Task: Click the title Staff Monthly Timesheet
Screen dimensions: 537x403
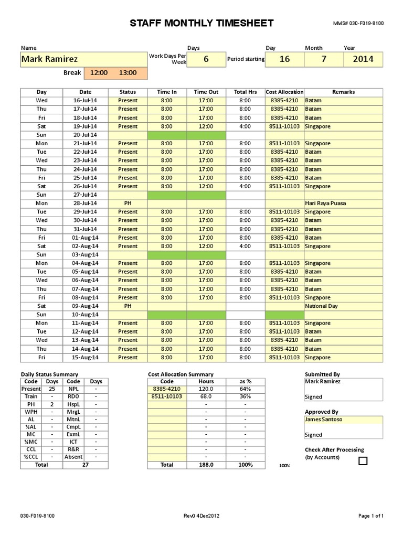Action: (201, 23)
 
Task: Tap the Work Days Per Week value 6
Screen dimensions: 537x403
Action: (206, 59)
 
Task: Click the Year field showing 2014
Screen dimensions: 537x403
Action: (363, 59)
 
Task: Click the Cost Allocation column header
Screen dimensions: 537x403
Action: (284, 92)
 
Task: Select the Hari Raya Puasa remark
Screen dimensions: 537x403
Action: (325, 203)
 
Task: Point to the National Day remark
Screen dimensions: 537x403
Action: (322, 306)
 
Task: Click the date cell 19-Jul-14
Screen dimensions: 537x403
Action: (85, 126)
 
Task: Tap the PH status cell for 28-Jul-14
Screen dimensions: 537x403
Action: (128, 203)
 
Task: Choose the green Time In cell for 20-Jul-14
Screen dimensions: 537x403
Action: (166, 135)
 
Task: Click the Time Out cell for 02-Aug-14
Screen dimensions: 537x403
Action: (206, 246)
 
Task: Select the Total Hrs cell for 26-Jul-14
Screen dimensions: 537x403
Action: (245, 186)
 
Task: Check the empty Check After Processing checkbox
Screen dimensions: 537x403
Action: (363, 461)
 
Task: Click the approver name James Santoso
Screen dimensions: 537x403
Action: (323, 420)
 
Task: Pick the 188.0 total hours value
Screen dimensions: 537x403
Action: (206, 465)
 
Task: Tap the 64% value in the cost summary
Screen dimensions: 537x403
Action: (245, 389)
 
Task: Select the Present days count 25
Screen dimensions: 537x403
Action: (52, 389)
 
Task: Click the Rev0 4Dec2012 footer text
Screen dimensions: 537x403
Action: (201, 516)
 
